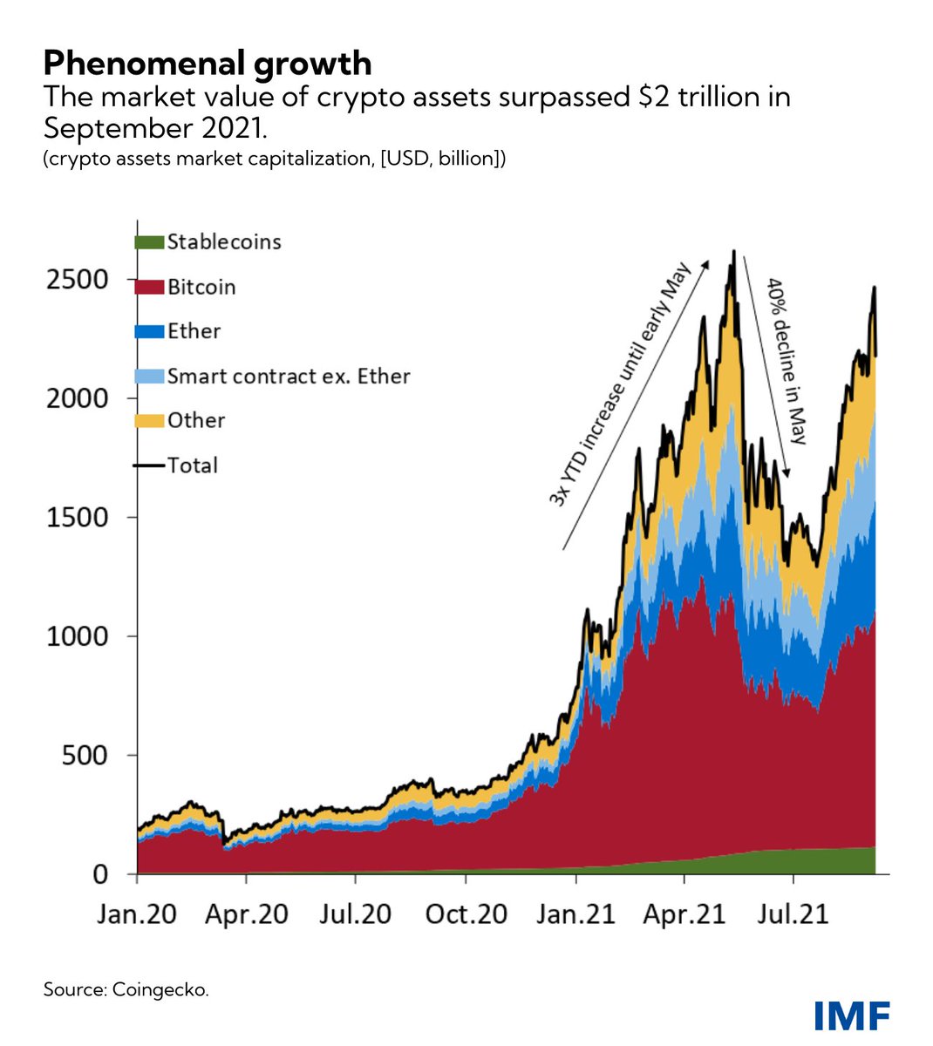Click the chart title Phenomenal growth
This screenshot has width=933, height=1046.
click(x=208, y=63)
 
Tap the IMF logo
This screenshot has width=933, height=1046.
click(x=851, y=1015)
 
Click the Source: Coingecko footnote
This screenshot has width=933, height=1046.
click(x=126, y=989)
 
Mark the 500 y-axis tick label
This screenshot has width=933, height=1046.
click(x=85, y=755)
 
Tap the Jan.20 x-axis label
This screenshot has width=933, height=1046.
click(x=138, y=914)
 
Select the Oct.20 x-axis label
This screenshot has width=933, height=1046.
click(x=466, y=914)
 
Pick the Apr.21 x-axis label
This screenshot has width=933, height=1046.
click(x=684, y=914)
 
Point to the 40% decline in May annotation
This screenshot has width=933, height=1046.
click(x=787, y=361)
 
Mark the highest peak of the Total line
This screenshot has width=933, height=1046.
click(x=733, y=252)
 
